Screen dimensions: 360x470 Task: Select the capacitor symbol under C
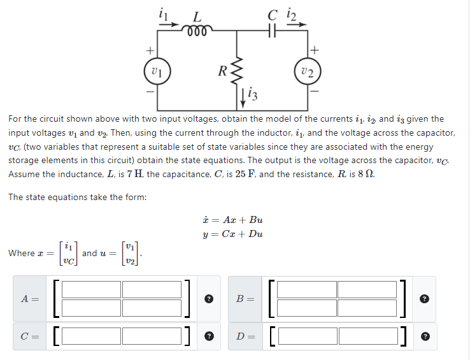coord(274,31)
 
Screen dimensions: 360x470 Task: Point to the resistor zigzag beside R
coord(238,69)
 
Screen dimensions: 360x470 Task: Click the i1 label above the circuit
coord(161,11)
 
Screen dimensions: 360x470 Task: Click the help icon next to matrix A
coord(208,299)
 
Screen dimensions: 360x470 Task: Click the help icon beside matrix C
coord(208,335)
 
